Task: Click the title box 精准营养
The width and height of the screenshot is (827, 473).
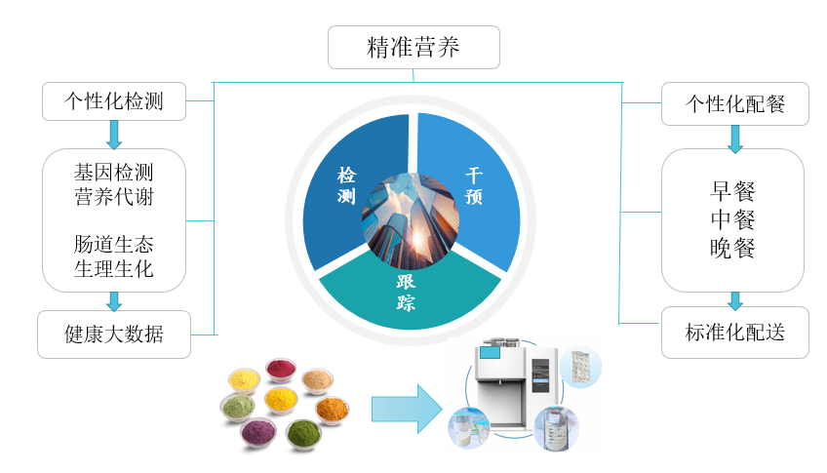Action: pyautogui.click(x=413, y=48)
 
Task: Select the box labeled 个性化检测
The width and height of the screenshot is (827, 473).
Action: pyautogui.click(x=114, y=101)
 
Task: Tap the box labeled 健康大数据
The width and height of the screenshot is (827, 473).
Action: pyautogui.click(x=114, y=335)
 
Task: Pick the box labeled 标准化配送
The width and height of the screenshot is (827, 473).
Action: pyautogui.click(x=735, y=334)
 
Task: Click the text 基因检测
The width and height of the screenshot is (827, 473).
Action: pyautogui.click(x=114, y=172)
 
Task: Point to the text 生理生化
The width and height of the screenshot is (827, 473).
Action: pyautogui.click(x=114, y=268)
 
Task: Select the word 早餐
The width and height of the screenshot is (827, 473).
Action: pyautogui.click(x=733, y=190)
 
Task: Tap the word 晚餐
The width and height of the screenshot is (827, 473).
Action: pyautogui.click(x=733, y=249)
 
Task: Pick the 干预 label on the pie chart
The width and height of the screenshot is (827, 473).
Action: pyautogui.click(x=474, y=185)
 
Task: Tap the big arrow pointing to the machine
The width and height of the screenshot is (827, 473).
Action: pyautogui.click(x=406, y=408)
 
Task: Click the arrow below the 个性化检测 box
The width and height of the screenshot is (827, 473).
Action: pyautogui.click(x=114, y=134)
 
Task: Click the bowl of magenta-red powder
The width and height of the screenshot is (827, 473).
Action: pyautogui.click(x=281, y=372)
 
